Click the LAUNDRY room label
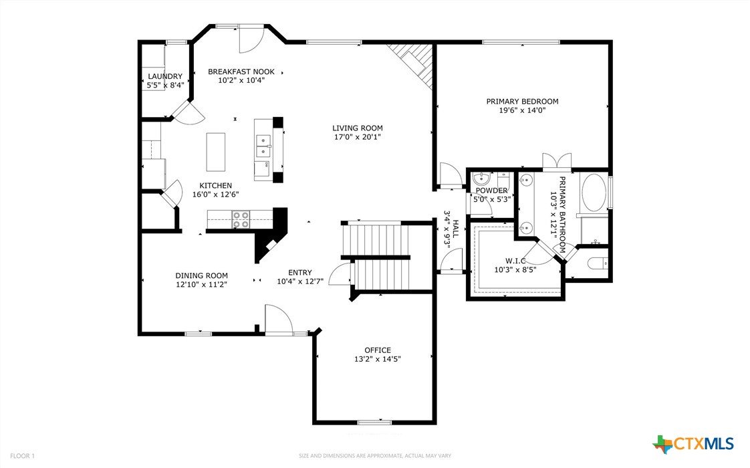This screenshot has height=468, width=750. tap(165, 77)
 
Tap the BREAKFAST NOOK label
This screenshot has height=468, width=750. tap(241, 72)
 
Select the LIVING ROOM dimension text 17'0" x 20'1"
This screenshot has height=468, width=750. tap(358, 137)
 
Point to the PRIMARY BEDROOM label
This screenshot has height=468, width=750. tap(522, 102)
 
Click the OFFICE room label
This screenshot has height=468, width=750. tap(378, 350)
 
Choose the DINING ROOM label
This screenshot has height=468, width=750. tap(201, 275)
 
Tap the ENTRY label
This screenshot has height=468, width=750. tap(300, 272)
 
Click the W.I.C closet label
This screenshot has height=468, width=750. tap(515, 261)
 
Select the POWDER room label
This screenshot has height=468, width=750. tap(491, 191)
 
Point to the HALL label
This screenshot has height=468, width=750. tap(455, 229)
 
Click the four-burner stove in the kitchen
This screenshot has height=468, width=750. tap(241, 219)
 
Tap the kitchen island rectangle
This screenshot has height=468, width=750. tap(216, 152)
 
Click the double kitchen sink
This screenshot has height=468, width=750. tap(263, 146)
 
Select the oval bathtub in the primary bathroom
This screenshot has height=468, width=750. tap(593, 193)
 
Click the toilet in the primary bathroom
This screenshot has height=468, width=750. tap(598, 263)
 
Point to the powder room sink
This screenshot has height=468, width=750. tap(482, 180)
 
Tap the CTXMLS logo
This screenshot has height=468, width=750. tap(693, 444)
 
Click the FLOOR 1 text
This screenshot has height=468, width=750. tap(23, 456)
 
